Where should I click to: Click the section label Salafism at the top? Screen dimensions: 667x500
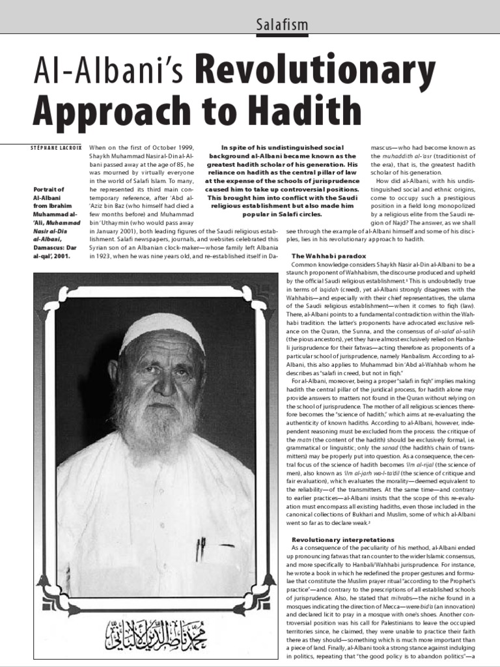273,25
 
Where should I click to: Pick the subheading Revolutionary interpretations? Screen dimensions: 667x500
342,540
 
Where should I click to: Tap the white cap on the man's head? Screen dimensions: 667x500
162,330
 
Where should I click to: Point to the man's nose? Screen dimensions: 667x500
162,385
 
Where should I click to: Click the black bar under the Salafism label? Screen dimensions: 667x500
273,36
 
